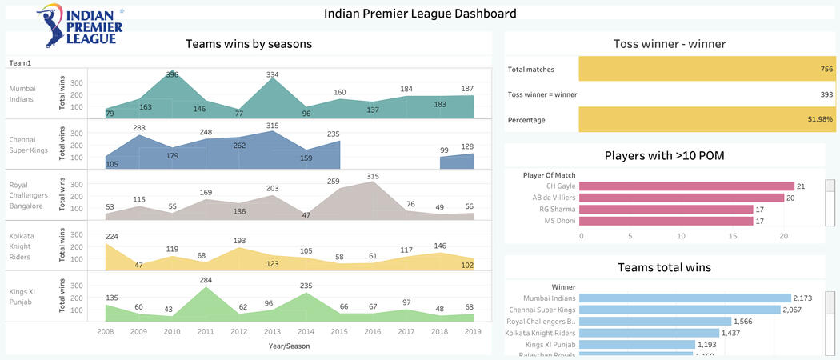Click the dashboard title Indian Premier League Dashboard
click(420, 14)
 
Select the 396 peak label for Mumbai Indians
click(172, 74)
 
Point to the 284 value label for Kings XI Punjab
click(206, 280)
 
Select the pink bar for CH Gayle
click(686, 186)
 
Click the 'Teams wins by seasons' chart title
click(249, 44)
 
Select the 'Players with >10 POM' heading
click(663, 155)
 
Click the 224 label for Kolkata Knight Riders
click(112, 236)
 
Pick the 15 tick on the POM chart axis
click(731, 236)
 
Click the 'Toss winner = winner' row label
click(542, 94)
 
